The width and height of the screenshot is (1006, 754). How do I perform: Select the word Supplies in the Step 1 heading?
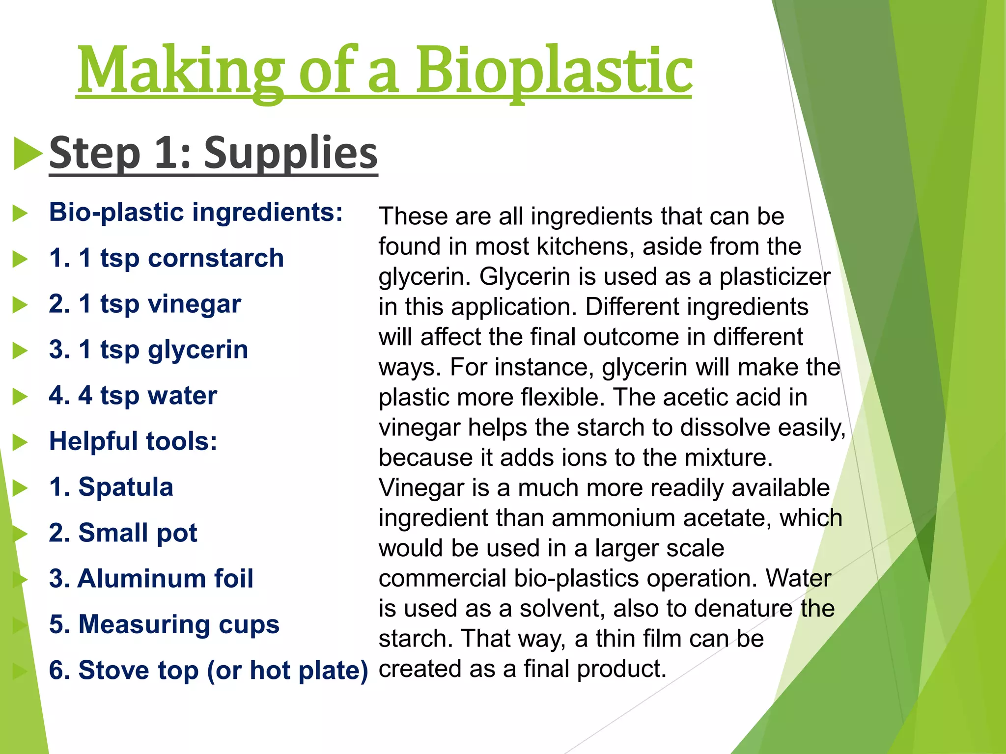[291, 153]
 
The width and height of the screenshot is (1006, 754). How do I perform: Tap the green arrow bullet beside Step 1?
[28, 154]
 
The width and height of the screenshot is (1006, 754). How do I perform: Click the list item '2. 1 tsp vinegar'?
[145, 304]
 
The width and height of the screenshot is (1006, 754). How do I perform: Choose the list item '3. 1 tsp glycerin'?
[148, 350]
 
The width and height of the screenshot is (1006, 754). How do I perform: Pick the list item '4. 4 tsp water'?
[133, 395]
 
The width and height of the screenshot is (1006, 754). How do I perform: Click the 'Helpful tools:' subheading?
[133, 441]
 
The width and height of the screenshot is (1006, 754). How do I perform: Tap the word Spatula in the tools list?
[126, 487]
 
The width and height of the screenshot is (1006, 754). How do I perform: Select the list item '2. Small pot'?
[123, 533]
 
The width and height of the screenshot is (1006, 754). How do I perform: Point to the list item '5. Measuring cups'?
[164, 624]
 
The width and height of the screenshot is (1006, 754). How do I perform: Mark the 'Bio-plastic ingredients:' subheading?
[196, 212]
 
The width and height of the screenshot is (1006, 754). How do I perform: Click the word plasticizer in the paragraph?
[775, 277]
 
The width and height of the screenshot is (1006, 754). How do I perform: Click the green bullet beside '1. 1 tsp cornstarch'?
[20, 259]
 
